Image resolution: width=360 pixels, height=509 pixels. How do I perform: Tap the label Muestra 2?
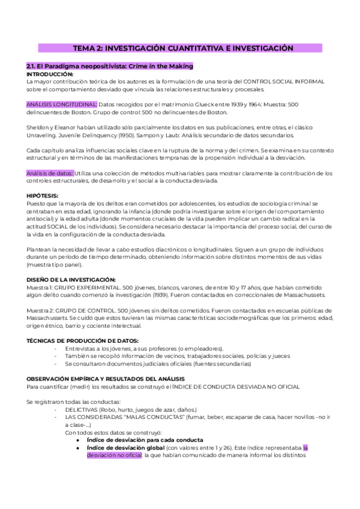(x=40, y=310)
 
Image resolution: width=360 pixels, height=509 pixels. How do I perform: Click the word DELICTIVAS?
(x=84, y=408)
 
